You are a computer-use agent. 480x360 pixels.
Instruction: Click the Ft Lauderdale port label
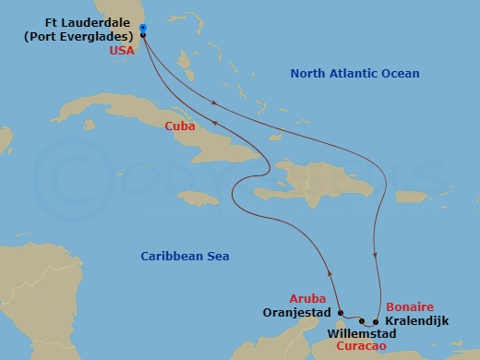pyautogui.click(x=89, y=29)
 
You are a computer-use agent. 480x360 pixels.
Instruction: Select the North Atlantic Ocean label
pyautogui.click(x=354, y=74)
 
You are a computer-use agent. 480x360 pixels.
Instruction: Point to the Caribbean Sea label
pyautogui.click(x=185, y=256)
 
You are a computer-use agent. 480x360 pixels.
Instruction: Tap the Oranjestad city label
pyautogui.click(x=294, y=314)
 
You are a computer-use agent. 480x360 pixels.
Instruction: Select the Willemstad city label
pyautogui.click(x=361, y=332)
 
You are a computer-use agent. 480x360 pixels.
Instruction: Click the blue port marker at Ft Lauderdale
pyautogui.click(x=143, y=28)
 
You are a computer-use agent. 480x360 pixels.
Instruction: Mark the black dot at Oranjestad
pyautogui.click(x=339, y=312)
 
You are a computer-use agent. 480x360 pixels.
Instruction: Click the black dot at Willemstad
pyautogui.click(x=362, y=320)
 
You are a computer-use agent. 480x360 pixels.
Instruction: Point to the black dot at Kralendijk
pyautogui.click(x=375, y=321)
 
